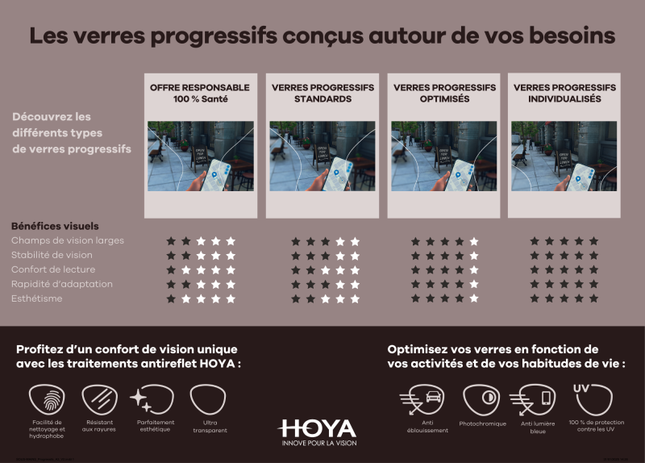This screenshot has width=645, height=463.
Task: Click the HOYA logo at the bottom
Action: point(317,428)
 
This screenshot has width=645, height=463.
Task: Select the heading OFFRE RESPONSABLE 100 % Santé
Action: point(200,93)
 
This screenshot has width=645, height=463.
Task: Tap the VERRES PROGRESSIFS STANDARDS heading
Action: point(322,93)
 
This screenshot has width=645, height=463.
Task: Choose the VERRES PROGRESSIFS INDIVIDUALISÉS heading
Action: point(564,93)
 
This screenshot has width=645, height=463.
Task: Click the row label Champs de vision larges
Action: point(68,240)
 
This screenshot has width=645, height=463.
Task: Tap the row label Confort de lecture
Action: point(53,269)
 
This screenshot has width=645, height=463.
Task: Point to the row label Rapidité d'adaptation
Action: point(62,284)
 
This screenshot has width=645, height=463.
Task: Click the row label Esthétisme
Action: point(37,298)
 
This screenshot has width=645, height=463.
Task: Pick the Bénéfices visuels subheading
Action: point(55,226)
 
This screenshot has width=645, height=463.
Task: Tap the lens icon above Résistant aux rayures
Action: point(99,399)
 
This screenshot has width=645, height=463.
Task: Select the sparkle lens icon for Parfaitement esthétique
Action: point(153,399)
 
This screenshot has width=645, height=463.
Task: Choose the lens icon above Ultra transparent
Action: point(207,399)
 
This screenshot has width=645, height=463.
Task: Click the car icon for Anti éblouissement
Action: point(421,399)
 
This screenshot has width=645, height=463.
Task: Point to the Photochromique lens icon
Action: point(481,399)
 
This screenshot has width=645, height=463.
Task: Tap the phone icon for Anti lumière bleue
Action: point(535,399)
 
